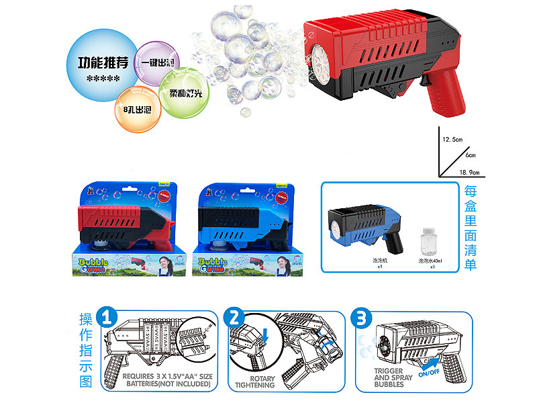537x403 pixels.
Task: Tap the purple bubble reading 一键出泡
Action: pos(155,62)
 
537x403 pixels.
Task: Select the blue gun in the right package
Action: pos(242,225)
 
